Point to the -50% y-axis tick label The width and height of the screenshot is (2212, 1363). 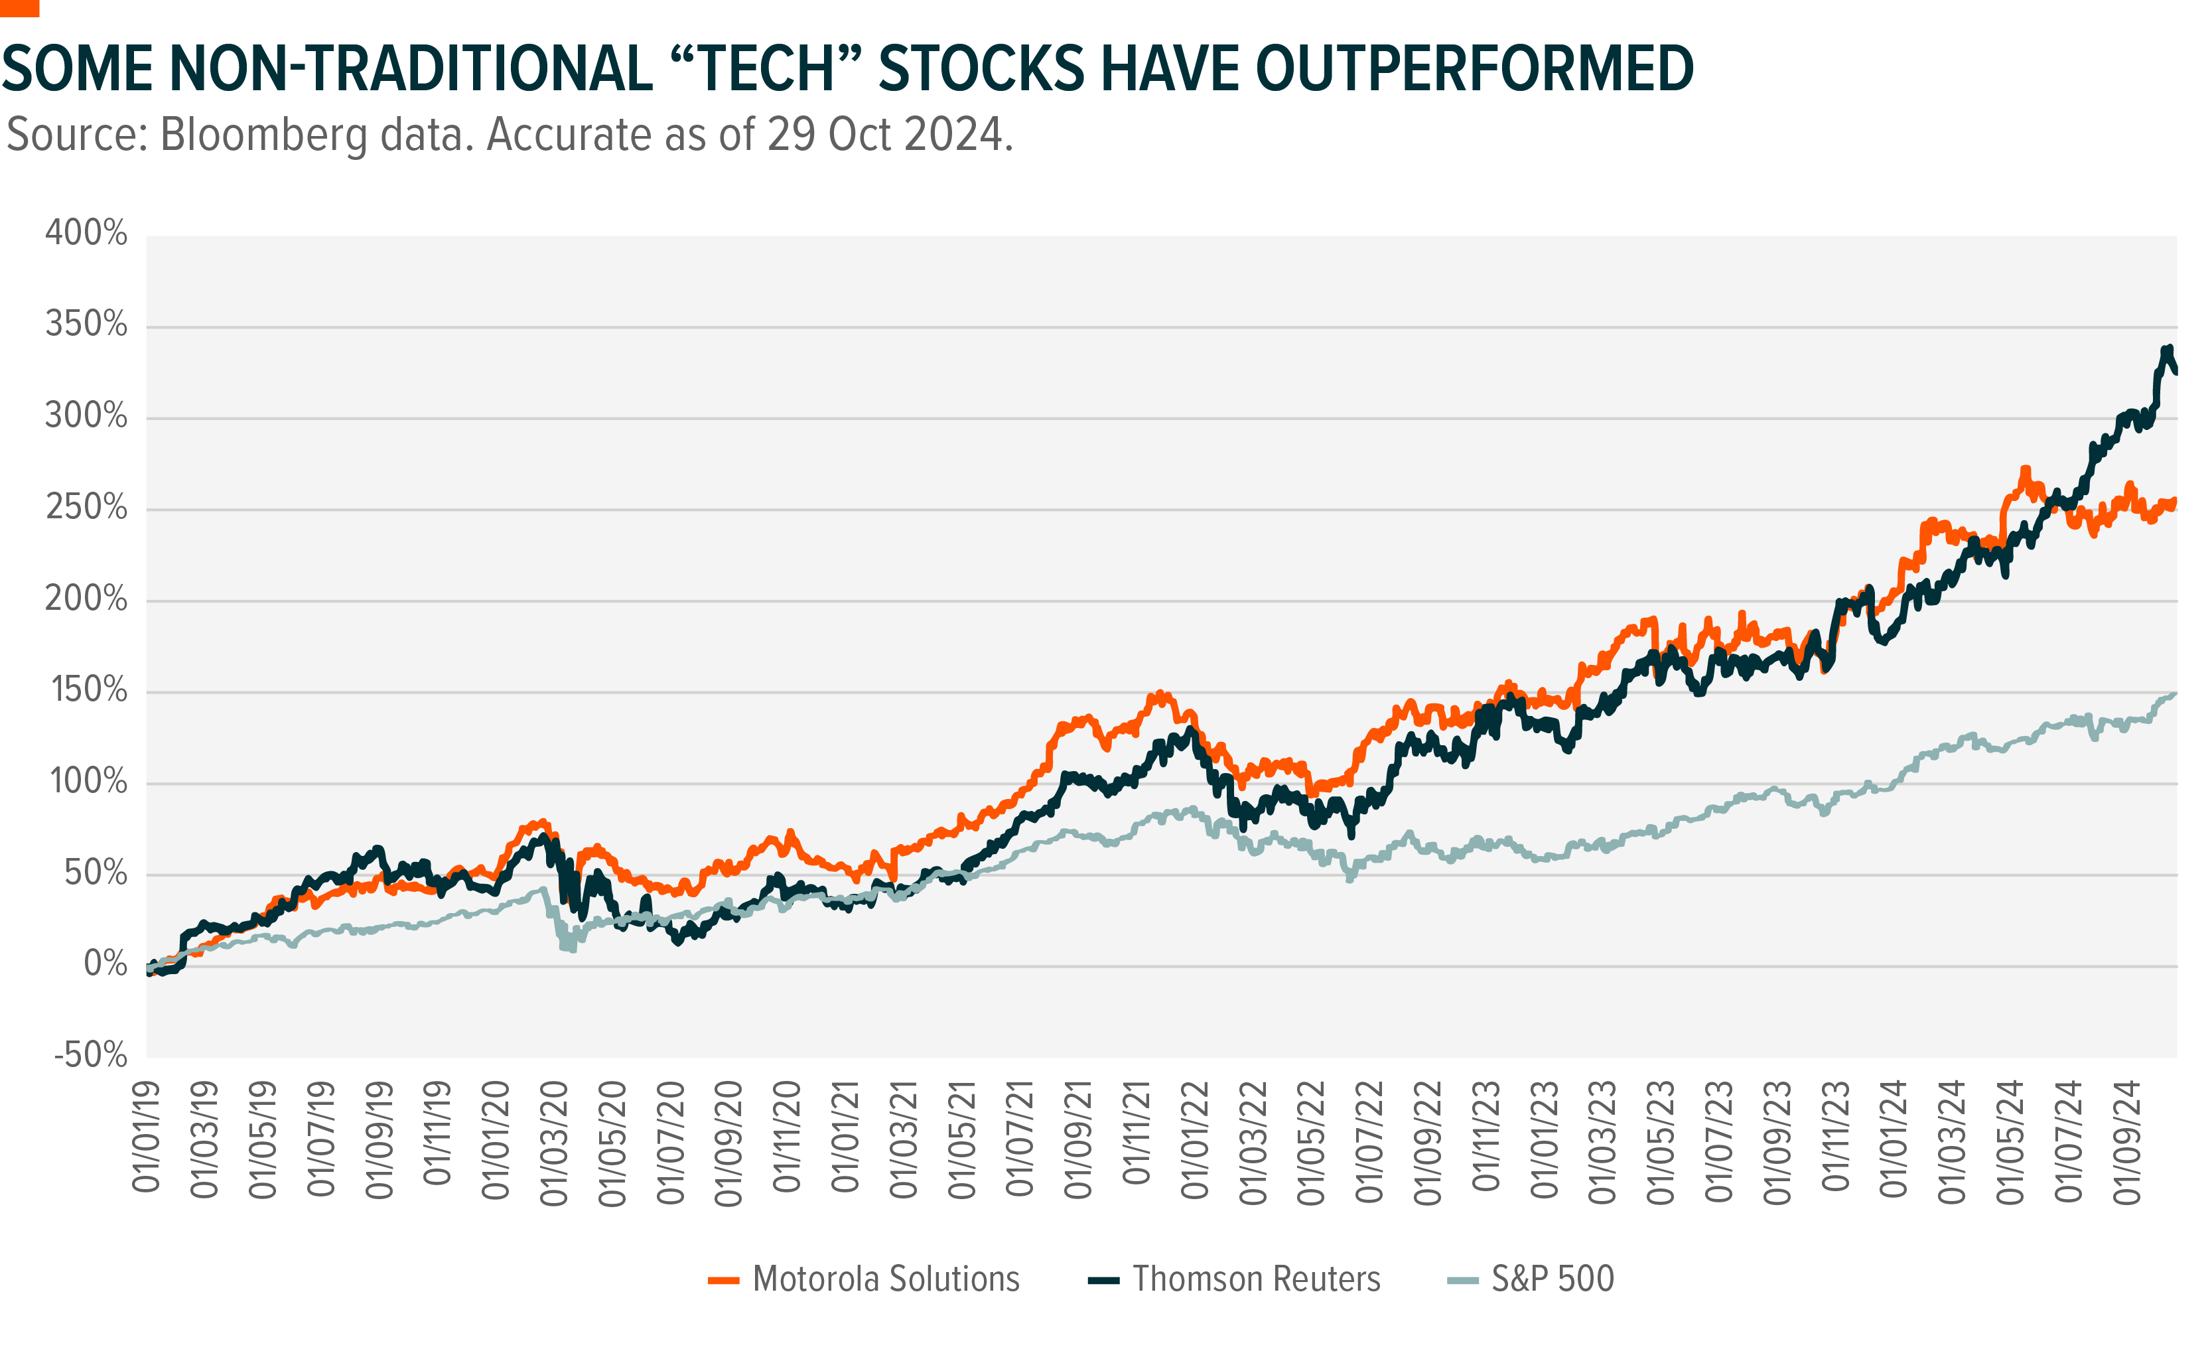[x=90, y=1054]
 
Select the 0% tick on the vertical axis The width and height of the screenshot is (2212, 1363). [x=105, y=963]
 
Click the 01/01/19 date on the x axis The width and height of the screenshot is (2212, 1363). [x=147, y=1137]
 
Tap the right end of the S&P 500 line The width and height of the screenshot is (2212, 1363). [x=2175, y=693]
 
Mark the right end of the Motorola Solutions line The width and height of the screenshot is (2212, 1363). [x=2175, y=502]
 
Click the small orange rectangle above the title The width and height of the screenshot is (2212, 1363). [x=19, y=8]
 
